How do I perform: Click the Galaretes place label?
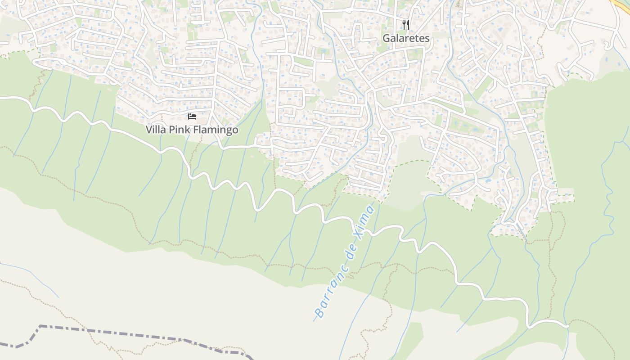406,38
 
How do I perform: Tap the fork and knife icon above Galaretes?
406,24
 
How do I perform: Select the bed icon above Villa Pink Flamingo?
192,117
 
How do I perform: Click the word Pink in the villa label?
179,130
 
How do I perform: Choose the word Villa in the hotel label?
155,130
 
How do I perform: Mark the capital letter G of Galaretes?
387,38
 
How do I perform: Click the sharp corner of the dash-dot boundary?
40,326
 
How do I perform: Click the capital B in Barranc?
319,312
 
